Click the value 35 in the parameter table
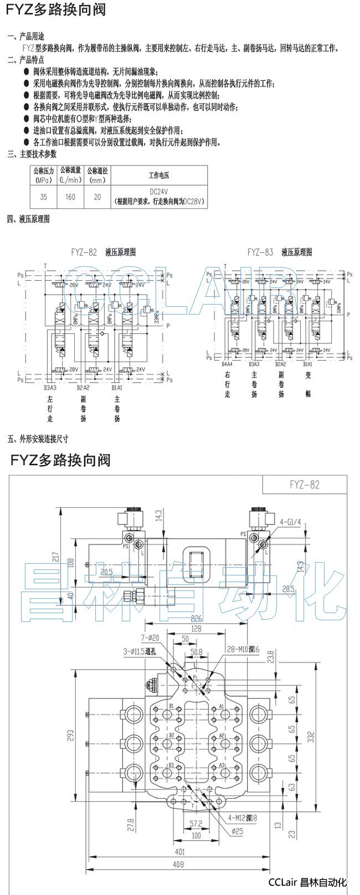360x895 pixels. [x=43, y=197]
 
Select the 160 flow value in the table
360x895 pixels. [x=70, y=197]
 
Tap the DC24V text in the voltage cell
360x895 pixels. [x=159, y=191]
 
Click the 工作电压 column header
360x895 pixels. [x=159, y=176]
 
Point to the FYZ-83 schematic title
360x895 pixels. [x=260, y=252]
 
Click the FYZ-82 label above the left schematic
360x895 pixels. [x=84, y=252]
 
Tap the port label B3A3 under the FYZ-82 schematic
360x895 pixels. [x=50, y=388]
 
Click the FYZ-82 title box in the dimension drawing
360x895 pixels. [x=304, y=485]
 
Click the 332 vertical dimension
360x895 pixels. [x=312, y=737]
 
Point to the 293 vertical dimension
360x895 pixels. [x=70, y=734]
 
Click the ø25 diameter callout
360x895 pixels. [x=238, y=831]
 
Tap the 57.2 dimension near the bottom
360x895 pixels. [x=196, y=823]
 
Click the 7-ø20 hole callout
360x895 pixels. [x=150, y=637]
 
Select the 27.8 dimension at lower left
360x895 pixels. [x=130, y=824]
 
